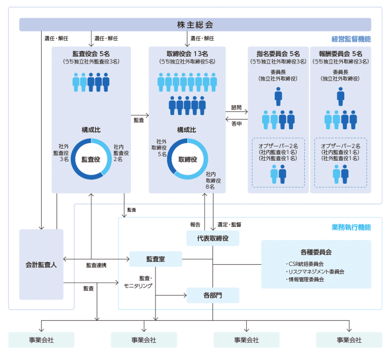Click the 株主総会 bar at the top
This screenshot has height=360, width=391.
pos(195,24)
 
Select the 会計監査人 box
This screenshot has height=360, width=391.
pos(42,265)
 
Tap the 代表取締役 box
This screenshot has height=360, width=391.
pos(213,238)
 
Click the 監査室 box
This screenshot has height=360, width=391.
pos(155,259)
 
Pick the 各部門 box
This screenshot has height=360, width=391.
pos(213,295)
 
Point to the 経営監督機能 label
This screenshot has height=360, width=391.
pos(351,39)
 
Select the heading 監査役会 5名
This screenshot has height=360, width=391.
pos(91,54)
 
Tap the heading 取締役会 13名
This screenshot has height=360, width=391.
pos(187,54)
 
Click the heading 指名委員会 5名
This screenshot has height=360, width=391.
pos(278,54)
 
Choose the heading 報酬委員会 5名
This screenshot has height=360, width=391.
pos(341,54)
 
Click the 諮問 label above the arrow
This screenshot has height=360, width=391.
pos(237,107)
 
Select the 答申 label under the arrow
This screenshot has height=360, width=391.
pos(237,123)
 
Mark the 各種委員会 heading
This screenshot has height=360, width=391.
pos(316,252)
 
